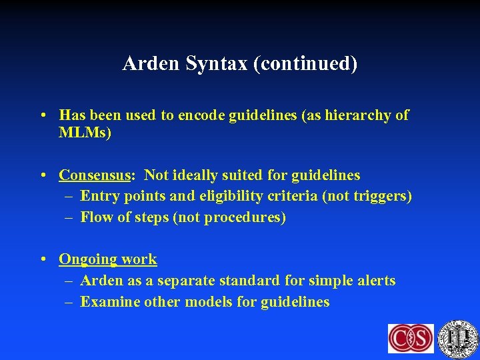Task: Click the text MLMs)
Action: (85, 133)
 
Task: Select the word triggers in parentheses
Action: (382, 196)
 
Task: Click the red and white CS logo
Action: (411, 338)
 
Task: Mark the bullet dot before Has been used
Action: (43, 115)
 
